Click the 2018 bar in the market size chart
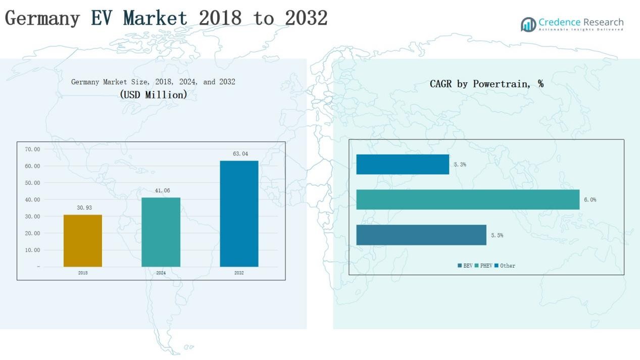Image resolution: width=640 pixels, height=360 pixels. (x=83, y=241)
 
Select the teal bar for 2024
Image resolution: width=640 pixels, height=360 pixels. (x=161, y=232)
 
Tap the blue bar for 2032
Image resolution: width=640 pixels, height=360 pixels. (x=239, y=214)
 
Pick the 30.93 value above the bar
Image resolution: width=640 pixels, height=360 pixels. (x=84, y=208)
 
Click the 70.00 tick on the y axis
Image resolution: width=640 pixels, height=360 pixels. (x=32, y=149)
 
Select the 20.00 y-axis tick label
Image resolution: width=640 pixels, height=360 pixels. (x=32, y=233)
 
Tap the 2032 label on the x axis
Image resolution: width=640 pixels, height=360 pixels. (x=239, y=273)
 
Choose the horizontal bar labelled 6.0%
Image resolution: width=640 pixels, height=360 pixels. (x=468, y=199)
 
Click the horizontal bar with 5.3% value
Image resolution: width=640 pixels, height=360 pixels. (x=403, y=164)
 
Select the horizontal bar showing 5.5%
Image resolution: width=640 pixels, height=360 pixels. (x=421, y=235)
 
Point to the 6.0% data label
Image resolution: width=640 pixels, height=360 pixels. (x=590, y=200)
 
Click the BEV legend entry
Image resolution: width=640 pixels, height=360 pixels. (x=465, y=266)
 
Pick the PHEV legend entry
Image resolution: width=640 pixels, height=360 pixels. (x=483, y=266)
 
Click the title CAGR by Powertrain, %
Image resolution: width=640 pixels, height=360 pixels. (x=486, y=84)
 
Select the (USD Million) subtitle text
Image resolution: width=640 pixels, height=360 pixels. (x=154, y=94)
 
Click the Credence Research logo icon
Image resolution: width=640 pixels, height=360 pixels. (x=528, y=24)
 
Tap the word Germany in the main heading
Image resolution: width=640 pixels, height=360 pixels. (x=42, y=18)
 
